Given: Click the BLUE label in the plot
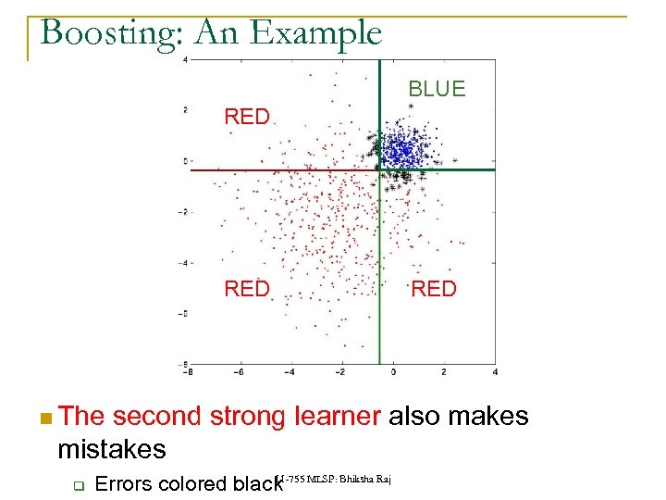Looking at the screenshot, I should click(x=437, y=89).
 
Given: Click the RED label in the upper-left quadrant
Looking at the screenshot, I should click(x=247, y=117).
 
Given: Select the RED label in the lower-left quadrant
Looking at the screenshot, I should click(x=247, y=289).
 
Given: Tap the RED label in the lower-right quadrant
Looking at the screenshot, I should click(x=434, y=289).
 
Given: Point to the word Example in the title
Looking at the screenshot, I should click(x=324, y=33).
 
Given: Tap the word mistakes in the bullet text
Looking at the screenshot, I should click(x=111, y=450).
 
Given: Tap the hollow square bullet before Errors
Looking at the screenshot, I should click(x=80, y=484).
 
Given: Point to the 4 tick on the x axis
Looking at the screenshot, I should click(x=496, y=372).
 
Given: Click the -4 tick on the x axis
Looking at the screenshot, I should click(x=289, y=372).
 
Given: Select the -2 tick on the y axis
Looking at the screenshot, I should click(x=186, y=212).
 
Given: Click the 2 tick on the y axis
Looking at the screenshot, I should click(x=186, y=110).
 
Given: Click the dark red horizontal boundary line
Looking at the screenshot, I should click(x=277, y=170).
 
